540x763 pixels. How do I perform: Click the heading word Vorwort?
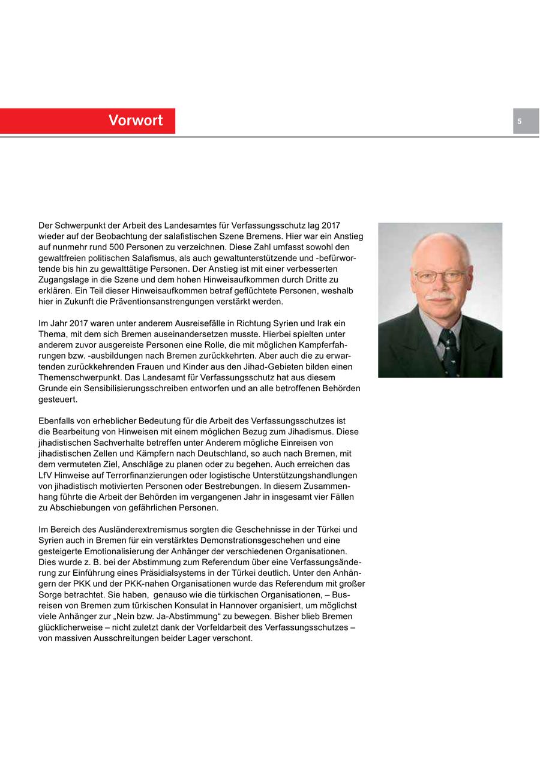click(x=136, y=121)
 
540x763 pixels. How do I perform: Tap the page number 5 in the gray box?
click(x=520, y=121)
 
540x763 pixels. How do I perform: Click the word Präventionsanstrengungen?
click(x=160, y=301)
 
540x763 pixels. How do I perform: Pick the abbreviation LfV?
click(x=46, y=475)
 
